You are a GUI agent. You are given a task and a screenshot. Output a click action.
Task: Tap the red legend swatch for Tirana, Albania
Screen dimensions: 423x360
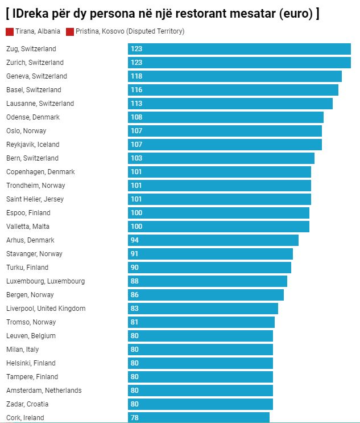pyautogui.click(x=10, y=32)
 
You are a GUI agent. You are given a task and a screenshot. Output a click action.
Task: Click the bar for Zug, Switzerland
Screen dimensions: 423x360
pyautogui.click(x=239, y=49)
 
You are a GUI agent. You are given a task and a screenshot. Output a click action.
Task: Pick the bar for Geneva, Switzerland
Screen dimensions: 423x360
pyautogui.click(x=234, y=76)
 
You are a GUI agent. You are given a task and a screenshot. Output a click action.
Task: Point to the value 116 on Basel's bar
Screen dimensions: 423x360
pyautogui.click(x=136, y=90)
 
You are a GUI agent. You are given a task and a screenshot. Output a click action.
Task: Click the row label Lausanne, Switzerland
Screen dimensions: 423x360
pyautogui.click(x=40, y=104)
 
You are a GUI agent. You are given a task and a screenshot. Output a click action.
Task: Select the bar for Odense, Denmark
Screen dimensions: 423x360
pyautogui.click(x=225, y=117)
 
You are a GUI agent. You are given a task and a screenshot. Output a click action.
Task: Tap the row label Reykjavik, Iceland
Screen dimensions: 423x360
pyautogui.click(x=32, y=145)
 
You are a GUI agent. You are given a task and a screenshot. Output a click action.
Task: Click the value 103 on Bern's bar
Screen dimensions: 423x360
pyautogui.click(x=136, y=158)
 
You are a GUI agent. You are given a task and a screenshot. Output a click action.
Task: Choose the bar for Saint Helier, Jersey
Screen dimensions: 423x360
pyautogui.click(x=219, y=199)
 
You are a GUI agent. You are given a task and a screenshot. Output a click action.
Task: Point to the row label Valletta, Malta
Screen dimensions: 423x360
pyautogui.click(x=27, y=227)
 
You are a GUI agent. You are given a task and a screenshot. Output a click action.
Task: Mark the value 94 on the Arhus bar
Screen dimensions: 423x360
pyautogui.click(x=135, y=240)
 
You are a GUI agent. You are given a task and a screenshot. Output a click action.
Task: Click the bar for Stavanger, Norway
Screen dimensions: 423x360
pyautogui.click(x=210, y=254)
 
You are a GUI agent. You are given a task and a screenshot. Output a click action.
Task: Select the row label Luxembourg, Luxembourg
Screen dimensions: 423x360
pyautogui.click(x=45, y=281)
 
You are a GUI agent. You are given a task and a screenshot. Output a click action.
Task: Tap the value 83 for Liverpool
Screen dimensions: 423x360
pyautogui.click(x=135, y=309)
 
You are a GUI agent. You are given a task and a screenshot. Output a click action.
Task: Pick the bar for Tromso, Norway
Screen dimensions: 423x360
pyautogui.click(x=201, y=322)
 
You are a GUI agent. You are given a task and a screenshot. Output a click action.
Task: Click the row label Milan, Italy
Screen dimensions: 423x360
pyautogui.click(x=23, y=350)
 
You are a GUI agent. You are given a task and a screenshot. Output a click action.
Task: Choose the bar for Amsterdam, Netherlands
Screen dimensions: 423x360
pyautogui.click(x=200, y=391)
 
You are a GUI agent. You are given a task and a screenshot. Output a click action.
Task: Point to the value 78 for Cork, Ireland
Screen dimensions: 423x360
pyautogui.click(x=135, y=418)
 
